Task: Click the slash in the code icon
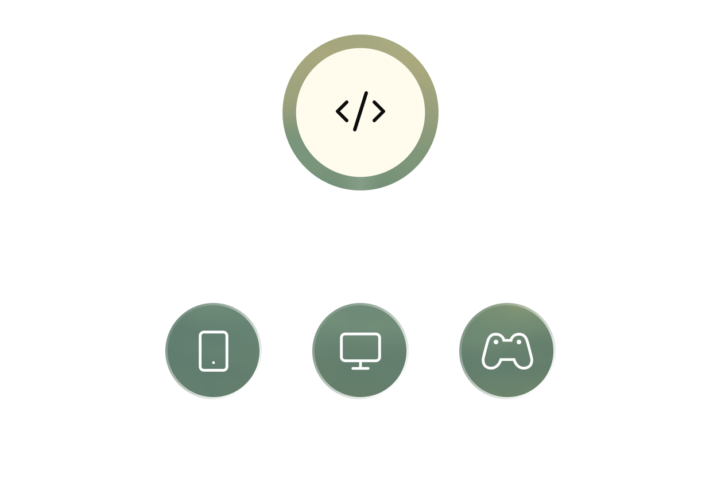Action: click(360, 111)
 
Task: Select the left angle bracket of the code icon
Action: click(342, 111)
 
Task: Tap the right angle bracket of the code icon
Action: click(379, 111)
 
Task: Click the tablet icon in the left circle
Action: click(214, 351)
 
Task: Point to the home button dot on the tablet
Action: click(214, 363)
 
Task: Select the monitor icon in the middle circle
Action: click(360, 348)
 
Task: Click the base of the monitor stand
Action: click(360, 368)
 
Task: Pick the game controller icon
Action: click(507, 351)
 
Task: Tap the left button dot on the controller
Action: click(497, 343)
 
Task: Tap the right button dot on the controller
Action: click(518, 343)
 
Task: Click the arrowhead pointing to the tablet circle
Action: click(214, 300)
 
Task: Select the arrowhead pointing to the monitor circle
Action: click(360, 300)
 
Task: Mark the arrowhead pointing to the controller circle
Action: click(507, 300)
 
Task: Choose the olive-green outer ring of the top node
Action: click(360, 41)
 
